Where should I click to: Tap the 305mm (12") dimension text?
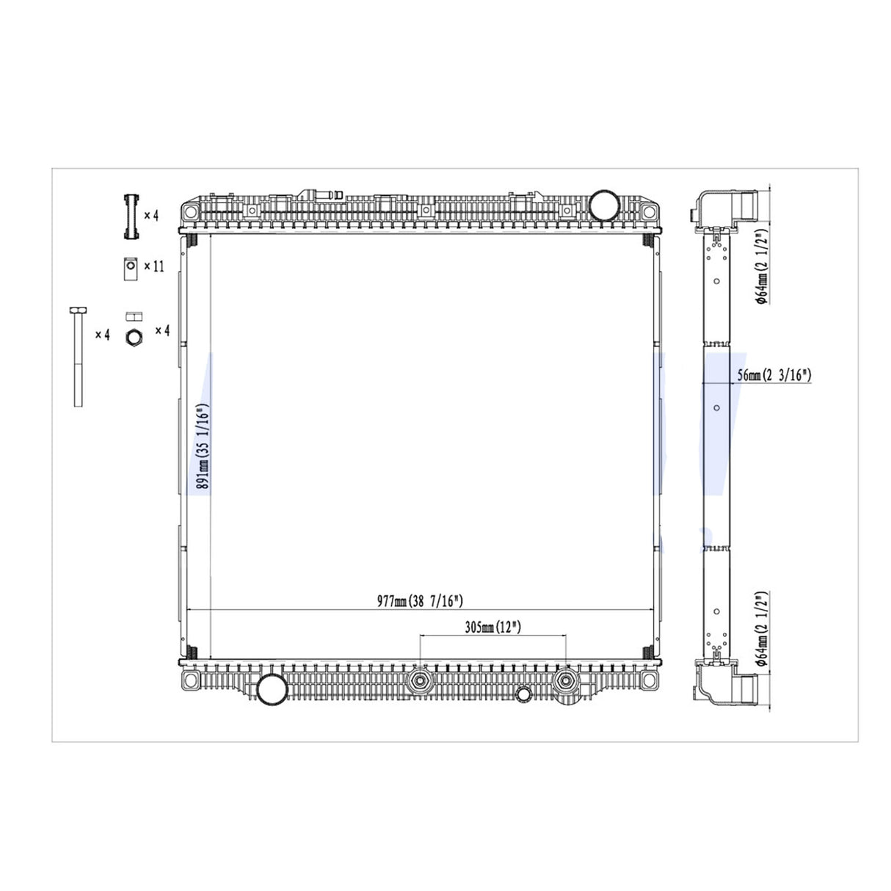[492, 628]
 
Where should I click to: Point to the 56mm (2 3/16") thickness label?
[774, 375]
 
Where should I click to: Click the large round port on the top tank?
[604, 203]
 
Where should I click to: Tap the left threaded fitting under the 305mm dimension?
[421, 680]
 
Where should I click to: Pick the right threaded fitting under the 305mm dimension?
[565, 680]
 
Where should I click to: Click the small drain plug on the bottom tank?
[523, 693]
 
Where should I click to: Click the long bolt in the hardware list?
[78, 356]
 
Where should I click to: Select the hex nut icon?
[133, 338]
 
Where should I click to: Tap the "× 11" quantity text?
[154, 266]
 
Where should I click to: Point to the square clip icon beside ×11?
[130, 268]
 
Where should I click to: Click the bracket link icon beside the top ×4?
[131, 216]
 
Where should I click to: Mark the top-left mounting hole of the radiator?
[190, 212]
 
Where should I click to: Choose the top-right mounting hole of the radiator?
[647, 212]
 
